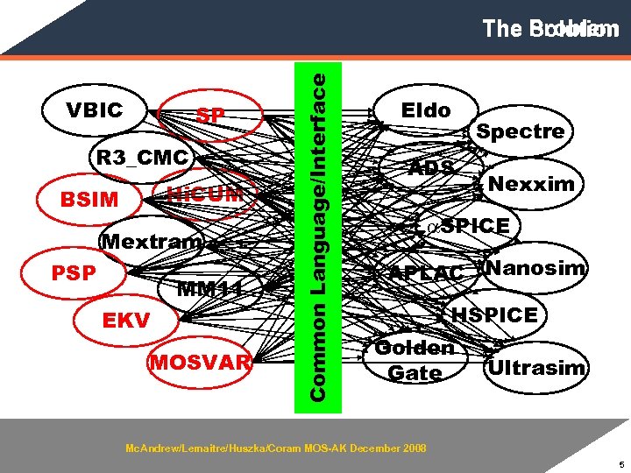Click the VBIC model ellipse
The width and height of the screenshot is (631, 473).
point(95,111)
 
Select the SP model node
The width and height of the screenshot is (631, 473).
point(210,116)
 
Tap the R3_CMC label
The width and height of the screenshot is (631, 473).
point(142,158)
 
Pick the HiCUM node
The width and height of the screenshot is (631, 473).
point(203,194)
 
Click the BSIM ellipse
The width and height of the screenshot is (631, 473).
point(89,199)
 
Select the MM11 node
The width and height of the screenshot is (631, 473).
point(209,287)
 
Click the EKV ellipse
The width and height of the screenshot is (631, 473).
point(126,321)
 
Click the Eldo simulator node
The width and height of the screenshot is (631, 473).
point(426,110)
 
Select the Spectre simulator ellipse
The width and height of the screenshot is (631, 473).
point(520,131)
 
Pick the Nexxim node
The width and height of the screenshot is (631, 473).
point(532,184)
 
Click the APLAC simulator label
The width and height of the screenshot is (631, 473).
point(426,273)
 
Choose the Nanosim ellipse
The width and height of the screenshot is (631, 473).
point(535,268)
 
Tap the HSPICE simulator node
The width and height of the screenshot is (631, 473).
point(495,314)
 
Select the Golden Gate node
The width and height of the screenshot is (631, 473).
point(415,360)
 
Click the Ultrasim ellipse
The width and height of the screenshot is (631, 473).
point(536,367)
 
